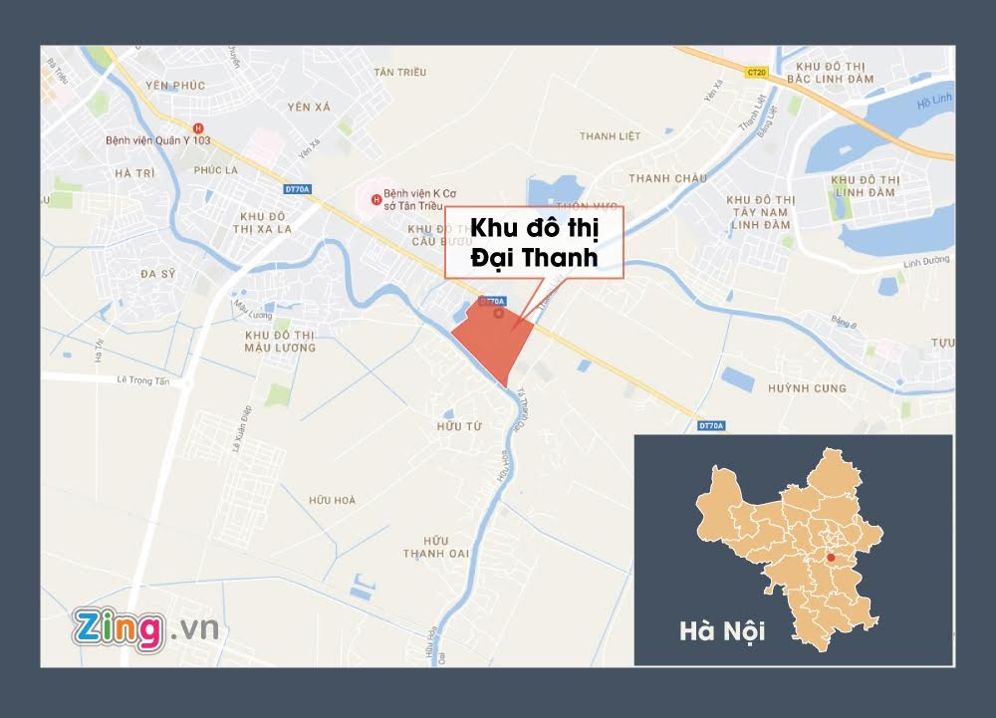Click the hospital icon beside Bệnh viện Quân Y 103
point(197,127)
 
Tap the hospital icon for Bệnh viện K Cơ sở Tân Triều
point(375,199)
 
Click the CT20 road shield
point(758,71)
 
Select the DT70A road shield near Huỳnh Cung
point(711,425)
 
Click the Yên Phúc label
point(174,86)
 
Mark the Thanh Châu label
point(667,178)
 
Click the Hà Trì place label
point(134,173)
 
